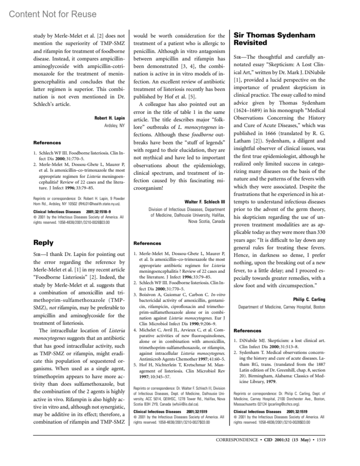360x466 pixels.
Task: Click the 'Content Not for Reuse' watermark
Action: click(53, 14)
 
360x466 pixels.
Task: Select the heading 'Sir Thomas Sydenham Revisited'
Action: click(274, 39)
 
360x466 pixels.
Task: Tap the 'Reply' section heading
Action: click(43, 242)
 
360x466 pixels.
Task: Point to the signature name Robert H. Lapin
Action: click(109, 118)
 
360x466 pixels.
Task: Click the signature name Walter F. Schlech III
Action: click(205, 202)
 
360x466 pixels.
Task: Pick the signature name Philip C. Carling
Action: click(309, 299)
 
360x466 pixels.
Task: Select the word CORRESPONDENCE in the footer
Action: click(237, 440)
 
